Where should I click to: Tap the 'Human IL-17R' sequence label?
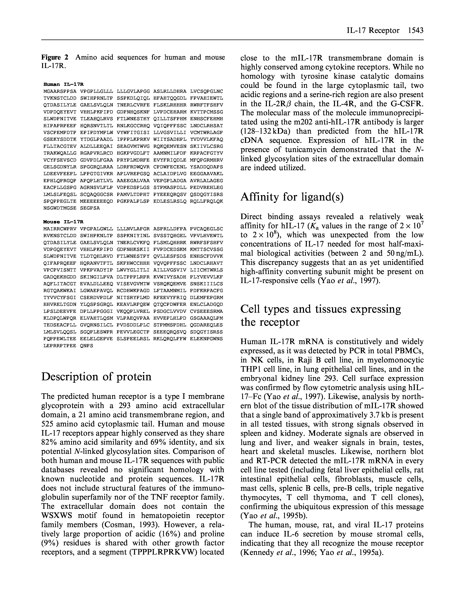63,84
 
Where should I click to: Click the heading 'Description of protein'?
96,377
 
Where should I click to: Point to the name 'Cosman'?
117,525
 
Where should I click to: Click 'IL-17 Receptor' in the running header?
373,30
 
